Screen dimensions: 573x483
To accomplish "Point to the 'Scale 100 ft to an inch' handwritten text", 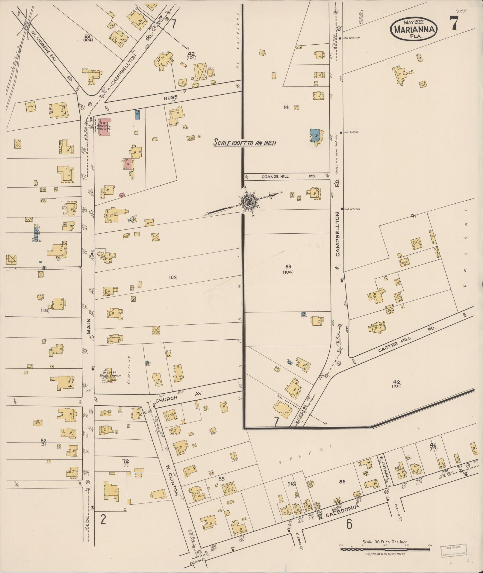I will tap(244, 143).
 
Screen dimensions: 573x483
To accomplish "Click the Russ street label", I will tap(170, 97).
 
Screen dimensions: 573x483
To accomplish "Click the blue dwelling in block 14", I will tap(314, 135).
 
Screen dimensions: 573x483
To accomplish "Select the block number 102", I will tap(173, 277).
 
